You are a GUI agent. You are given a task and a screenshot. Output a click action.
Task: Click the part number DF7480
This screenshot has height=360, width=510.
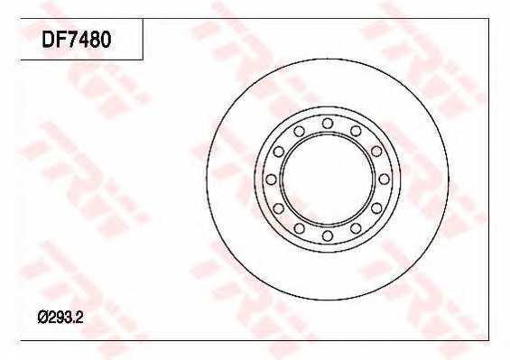pyautogui.click(x=77, y=40)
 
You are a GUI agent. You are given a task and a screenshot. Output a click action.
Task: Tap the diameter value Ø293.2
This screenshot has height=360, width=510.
pyautogui.click(x=60, y=317)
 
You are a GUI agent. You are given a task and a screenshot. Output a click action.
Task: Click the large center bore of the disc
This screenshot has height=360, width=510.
pyautogui.click(x=328, y=180)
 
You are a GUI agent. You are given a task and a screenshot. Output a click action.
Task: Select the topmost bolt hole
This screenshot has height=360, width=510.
pyautogui.click(x=328, y=124)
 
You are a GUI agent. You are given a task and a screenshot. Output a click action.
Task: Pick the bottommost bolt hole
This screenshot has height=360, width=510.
pyautogui.click(x=328, y=235)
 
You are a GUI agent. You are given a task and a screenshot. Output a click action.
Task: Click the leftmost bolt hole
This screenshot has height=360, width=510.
pyautogui.click(x=271, y=180)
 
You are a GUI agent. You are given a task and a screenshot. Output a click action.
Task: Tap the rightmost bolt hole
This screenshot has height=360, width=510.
pyautogui.click(x=385, y=180)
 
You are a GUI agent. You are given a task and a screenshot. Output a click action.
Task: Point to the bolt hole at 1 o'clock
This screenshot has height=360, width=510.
pyautogui.click(x=356, y=131)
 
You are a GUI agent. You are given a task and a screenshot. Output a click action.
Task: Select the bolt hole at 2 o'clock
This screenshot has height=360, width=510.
pyautogui.click(x=376, y=152)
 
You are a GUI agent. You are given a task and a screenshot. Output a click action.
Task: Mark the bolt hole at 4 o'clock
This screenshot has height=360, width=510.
pyautogui.click(x=376, y=208)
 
